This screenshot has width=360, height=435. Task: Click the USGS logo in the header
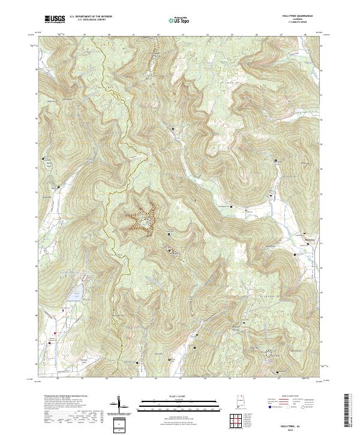pyautogui.click(x=55, y=19)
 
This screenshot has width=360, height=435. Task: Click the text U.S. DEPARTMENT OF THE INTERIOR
pyautogui.click(x=92, y=17)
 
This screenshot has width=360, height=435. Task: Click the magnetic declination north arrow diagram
pyautogui.click(x=120, y=405)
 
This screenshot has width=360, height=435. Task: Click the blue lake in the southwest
pyautogui.click(x=76, y=294)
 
